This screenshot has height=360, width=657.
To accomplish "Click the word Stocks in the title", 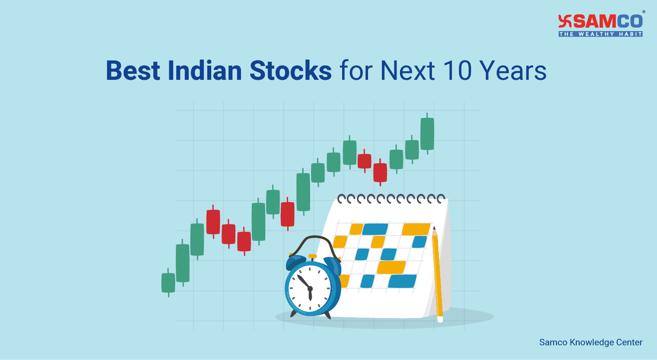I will click(x=291, y=70).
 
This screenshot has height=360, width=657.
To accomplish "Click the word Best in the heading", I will click(x=133, y=70).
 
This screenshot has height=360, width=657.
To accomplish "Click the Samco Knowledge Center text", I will click(x=590, y=342).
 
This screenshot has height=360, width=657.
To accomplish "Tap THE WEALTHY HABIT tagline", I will click(x=600, y=34).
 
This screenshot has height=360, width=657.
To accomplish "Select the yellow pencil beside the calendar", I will click(x=437, y=272).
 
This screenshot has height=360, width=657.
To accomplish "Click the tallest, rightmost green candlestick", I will click(x=427, y=134).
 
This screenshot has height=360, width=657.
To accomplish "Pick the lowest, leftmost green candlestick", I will click(x=168, y=283).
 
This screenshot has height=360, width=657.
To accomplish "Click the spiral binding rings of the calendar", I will click(x=391, y=199).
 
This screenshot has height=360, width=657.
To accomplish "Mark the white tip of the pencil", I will click(x=440, y=319).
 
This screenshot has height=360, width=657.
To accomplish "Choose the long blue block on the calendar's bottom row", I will click(x=402, y=281).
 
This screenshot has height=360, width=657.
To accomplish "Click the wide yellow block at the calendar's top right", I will click(x=416, y=229).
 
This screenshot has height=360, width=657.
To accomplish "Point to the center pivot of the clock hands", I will click(x=310, y=288).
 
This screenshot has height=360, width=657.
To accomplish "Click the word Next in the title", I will click(x=407, y=70).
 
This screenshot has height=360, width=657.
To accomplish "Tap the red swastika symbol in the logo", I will click(x=565, y=21).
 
